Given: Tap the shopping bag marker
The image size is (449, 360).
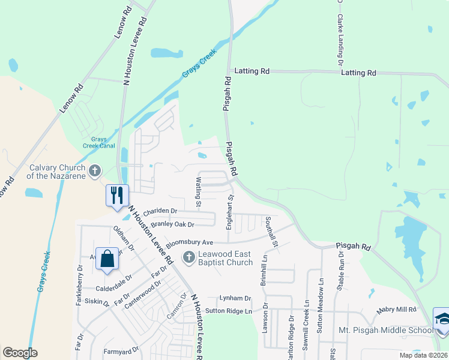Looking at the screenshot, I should (x=107, y=259).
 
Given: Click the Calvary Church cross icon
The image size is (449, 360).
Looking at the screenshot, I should (x=94, y=172).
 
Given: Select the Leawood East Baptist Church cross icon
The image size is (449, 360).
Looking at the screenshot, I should (x=188, y=258).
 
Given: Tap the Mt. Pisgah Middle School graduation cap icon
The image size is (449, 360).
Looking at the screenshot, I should (x=442, y=318).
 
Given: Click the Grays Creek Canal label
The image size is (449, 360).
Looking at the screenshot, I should (x=95, y=143).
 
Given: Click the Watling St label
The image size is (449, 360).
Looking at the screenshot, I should (x=198, y=190).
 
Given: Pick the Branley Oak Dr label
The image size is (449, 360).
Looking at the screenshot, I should (x=173, y=224).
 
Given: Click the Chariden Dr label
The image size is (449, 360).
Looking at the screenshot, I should (x=160, y=211).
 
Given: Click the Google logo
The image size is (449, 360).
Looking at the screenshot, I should (x=20, y=352).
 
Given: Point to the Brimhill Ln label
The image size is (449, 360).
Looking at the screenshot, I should (x=264, y=270).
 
